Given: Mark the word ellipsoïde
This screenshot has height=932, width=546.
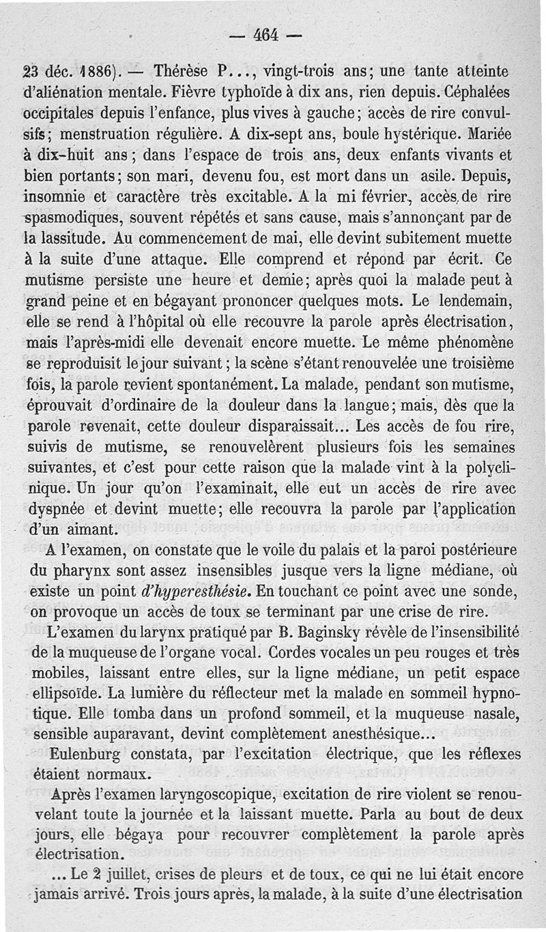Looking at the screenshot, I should pos(72,690).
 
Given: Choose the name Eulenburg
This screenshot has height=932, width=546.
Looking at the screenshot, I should pos(90,755).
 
